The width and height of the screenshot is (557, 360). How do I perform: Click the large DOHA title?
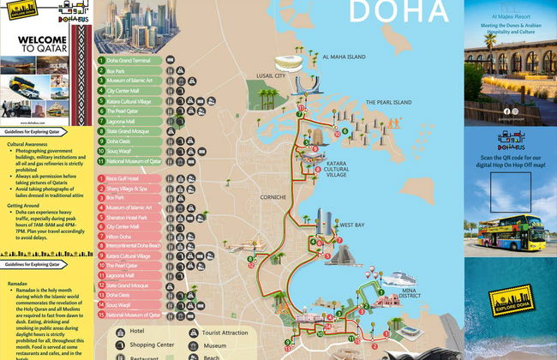point(399,12)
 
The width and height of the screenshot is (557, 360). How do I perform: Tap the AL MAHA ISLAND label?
point(344,57)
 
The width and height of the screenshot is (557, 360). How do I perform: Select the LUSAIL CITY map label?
point(271,76)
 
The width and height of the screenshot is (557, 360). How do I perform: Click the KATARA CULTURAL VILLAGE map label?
point(336,168)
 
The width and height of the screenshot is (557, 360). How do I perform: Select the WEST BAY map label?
point(351,225)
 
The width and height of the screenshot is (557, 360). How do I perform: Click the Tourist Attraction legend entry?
point(223,331)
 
